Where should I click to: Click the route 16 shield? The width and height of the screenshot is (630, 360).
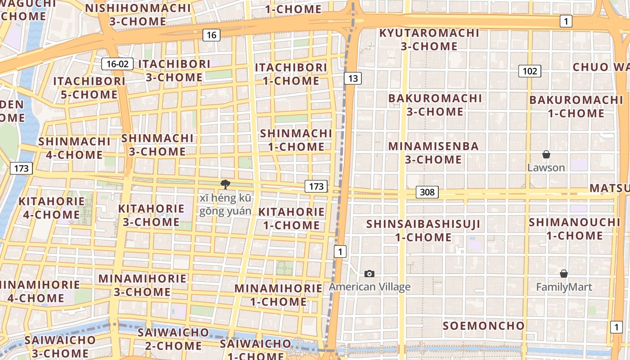(211, 35)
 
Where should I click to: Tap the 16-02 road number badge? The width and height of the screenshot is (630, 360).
(117, 64)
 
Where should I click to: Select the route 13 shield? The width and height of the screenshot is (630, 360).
(353, 78)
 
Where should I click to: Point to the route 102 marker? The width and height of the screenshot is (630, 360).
(530, 71)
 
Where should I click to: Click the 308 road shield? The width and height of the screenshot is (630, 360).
(427, 192)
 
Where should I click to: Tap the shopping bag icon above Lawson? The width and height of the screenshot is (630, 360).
(546, 155)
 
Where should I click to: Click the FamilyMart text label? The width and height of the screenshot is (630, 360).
(564, 287)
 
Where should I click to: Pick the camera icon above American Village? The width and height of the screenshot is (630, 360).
(369, 274)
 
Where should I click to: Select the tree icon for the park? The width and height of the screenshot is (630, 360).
(225, 184)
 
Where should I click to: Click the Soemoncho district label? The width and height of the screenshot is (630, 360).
(484, 325)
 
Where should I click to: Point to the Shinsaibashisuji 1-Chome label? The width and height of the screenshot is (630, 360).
(423, 230)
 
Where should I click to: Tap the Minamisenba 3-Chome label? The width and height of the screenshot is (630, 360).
(433, 153)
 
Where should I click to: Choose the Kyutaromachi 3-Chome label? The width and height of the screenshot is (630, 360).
(429, 40)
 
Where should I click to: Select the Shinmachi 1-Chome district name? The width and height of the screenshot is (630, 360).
(296, 140)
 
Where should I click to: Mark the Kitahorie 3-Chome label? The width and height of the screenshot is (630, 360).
(151, 215)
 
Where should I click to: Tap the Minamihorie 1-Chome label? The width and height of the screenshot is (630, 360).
(279, 295)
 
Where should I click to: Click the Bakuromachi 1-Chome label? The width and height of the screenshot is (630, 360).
(576, 106)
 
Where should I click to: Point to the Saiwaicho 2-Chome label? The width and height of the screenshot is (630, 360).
(173, 339)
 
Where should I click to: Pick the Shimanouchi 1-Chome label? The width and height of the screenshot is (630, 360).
(575, 229)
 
